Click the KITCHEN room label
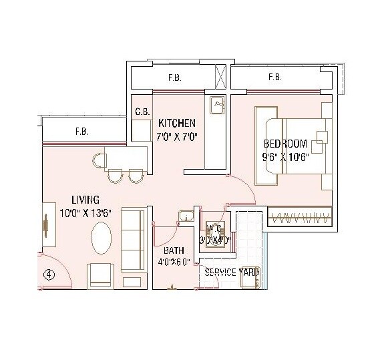[176, 123]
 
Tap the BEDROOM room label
[284, 144]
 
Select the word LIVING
[85, 200]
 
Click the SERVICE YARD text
[231, 273]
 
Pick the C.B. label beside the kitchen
[141, 112]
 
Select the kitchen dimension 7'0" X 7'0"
[177, 137]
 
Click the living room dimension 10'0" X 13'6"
[87, 212]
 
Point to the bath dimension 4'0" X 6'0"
[174, 262]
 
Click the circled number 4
[49, 273]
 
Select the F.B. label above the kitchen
[174, 78]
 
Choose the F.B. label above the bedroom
[274, 78]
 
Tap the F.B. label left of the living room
[82, 131]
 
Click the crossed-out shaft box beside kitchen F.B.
[220, 75]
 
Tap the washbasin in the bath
[185, 218]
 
